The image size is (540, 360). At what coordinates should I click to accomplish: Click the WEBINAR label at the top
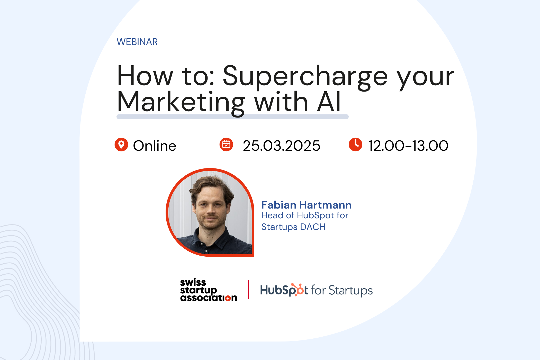(137, 42)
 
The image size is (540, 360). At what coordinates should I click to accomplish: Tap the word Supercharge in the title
(305, 76)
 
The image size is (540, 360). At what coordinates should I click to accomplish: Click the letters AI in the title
(329, 102)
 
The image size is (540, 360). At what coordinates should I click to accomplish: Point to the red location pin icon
(121, 145)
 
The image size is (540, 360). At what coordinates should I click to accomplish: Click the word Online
(154, 146)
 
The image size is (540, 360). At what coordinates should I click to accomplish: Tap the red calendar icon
(226, 145)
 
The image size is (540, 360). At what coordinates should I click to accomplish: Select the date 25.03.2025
(281, 146)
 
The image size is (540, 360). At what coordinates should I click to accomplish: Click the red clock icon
(355, 145)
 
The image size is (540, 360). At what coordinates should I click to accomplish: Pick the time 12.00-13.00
(408, 146)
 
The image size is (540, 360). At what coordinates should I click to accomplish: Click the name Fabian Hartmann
(306, 205)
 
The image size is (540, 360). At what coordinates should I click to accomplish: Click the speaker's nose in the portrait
(210, 211)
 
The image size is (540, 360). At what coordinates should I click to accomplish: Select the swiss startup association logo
(208, 290)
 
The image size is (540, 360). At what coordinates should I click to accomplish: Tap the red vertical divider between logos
(248, 290)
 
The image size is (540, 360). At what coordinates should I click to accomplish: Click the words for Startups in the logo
(342, 290)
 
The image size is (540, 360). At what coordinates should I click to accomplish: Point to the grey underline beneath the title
(232, 117)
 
